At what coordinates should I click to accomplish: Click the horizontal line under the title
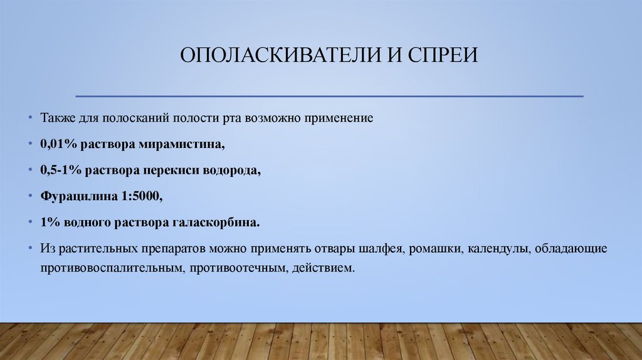tap(329, 97)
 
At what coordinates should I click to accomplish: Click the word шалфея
tap(382, 249)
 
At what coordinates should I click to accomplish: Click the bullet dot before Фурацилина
tap(31, 196)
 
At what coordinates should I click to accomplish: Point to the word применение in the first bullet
tap(340, 118)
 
